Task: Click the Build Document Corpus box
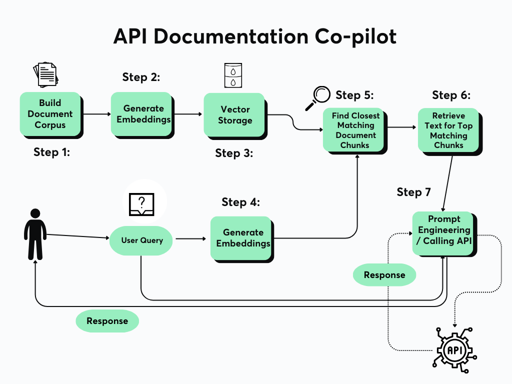(50, 114)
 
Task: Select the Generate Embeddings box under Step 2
(143, 114)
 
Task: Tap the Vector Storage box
(234, 114)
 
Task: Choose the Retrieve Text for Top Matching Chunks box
(448, 130)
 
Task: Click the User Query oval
(142, 240)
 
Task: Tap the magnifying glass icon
(318, 97)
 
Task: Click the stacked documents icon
(45, 74)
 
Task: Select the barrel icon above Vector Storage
(233, 75)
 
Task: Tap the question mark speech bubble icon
(142, 202)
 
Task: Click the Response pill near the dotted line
(384, 275)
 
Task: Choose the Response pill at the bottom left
(107, 321)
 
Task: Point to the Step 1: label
(51, 152)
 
